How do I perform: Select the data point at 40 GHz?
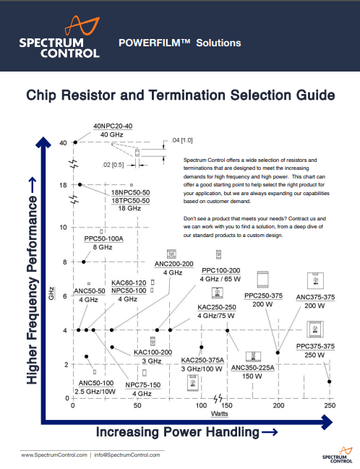[75, 142]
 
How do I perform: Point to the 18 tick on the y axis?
[63, 186]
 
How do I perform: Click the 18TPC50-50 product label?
[129, 200]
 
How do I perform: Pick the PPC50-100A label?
[105, 238]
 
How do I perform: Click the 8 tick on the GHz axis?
[64, 262]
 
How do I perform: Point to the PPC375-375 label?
[315, 346]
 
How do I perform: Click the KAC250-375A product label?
[202, 360]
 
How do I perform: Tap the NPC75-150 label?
[142, 384]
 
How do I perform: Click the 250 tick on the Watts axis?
[329, 406]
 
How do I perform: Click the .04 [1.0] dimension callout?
[181, 139]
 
